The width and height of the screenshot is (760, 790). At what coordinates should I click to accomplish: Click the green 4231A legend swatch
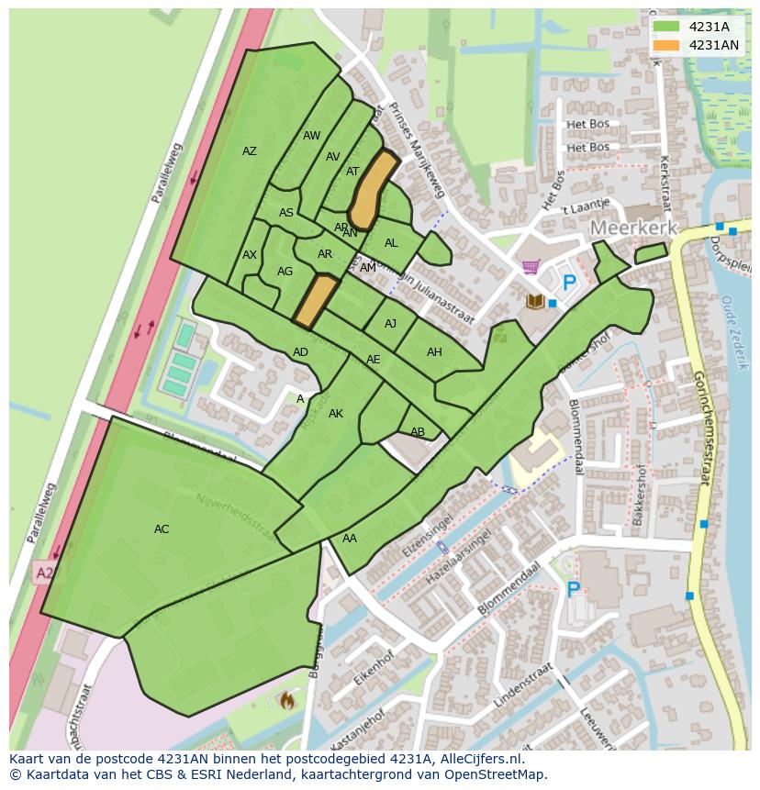(x=666, y=27)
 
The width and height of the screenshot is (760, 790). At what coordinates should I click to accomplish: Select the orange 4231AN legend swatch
(x=666, y=45)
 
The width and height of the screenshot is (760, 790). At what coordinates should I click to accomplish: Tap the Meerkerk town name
(x=633, y=228)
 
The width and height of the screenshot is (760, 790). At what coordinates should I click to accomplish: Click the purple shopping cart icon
(x=530, y=267)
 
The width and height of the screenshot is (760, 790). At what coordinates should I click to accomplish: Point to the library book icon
(x=534, y=301)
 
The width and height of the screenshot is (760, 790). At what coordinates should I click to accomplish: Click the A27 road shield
(x=43, y=573)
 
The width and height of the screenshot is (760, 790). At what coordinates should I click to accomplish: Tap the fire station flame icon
(x=286, y=700)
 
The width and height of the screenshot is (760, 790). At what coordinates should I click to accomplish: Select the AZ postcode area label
(x=250, y=151)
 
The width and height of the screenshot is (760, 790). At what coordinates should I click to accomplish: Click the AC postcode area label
(x=162, y=529)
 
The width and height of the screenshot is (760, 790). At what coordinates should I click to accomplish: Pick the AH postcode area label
(x=434, y=352)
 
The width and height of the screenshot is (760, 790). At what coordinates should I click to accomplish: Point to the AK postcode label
(x=336, y=414)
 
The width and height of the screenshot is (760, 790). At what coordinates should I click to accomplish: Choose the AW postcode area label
(x=312, y=136)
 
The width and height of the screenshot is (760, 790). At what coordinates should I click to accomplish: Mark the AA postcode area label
(x=350, y=539)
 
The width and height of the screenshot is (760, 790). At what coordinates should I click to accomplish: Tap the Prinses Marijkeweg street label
(x=417, y=150)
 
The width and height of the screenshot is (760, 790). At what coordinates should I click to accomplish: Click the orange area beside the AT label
(x=373, y=190)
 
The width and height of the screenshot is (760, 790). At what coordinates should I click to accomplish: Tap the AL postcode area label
(x=391, y=243)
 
